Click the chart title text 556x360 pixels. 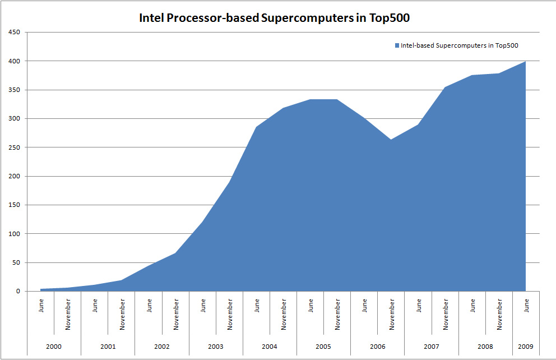click(275, 18)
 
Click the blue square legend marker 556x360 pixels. click(396, 45)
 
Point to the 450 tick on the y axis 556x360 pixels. click(14, 32)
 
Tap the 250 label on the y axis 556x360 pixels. click(14, 147)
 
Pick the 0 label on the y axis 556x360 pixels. click(18, 291)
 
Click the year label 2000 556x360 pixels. click(54, 347)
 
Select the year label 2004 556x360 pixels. click(270, 347)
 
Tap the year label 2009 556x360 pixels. click(526, 347)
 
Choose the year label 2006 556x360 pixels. click(378, 347)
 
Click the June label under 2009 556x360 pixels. click(526, 306)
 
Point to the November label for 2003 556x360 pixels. click(230, 313)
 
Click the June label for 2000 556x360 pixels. click(41, 306)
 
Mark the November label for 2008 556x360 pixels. click(499, 313)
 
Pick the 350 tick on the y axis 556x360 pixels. click(14, 90)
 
